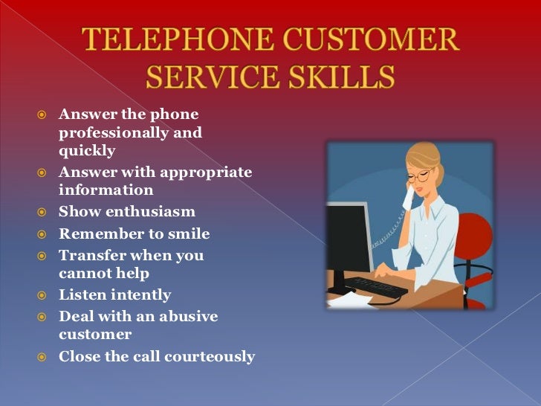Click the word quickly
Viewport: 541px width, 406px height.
(87, 151)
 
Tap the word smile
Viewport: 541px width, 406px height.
(187, 234)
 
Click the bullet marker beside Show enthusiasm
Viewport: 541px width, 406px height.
(44, 213)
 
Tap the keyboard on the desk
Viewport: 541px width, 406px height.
(375, 286)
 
